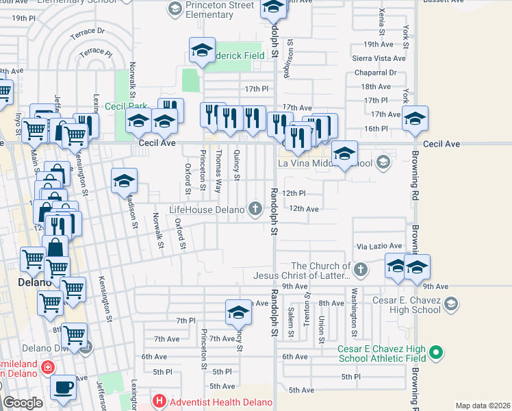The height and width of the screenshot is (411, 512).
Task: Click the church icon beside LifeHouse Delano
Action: tap(256, 208)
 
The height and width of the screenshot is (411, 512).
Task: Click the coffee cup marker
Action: tap(64, 386)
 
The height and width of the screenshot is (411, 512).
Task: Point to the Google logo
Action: tap(23, 403)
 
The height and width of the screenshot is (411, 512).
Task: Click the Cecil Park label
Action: tap(125, 106)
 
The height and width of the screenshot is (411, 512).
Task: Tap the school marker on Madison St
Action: tap(125, 181)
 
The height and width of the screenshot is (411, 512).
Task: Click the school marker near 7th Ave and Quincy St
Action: tap(238, 312)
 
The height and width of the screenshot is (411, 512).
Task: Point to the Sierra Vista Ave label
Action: tap(379, 59)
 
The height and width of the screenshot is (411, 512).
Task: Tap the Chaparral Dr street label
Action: tap(374, 72)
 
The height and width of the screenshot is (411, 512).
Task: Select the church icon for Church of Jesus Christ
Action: tap(361, 271)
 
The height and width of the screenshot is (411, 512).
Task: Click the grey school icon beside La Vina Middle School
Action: tap(383, 162)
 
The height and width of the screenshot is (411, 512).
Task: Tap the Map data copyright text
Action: tap(483, 406)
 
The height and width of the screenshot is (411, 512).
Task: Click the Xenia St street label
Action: tap(381, 21)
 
